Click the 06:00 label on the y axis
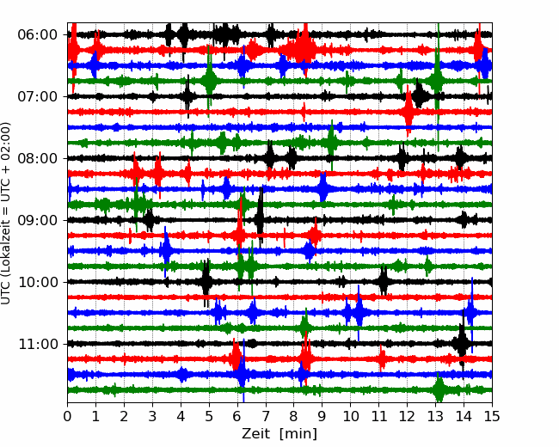coord(37,35)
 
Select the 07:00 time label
coord(37,96)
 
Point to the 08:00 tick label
coord(37,158)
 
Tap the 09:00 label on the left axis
coord(37,220)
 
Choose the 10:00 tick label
coord(37,282)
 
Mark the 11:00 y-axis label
coord(37,344)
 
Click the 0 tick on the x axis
coord(67,416)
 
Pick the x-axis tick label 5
coord(209,416)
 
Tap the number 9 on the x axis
coord(322,416)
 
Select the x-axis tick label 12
coord(407,416)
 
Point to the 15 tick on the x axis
coord(492,416)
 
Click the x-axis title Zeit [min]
coord(279,434)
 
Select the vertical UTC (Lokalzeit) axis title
coord(5,213)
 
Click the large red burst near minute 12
coord(408,112)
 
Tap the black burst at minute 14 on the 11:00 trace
coord(462,343)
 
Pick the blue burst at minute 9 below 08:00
coord(322,188)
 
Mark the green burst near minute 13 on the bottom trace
coord(439,389)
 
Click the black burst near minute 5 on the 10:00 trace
coord(206,282)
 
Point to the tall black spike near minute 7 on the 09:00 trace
coord(260,217)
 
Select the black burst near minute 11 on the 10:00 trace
coord(384,281)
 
